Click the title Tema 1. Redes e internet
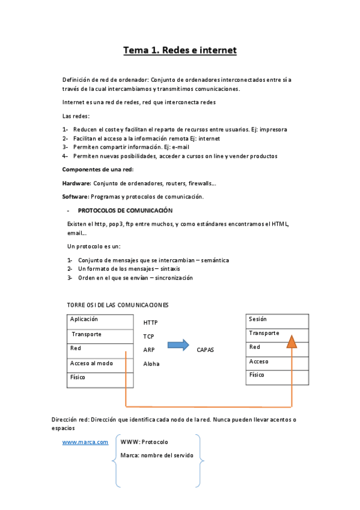click(180, 50)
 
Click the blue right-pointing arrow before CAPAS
click(177, 345)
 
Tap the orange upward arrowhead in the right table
click(291, 341)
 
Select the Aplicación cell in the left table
click(99, 321)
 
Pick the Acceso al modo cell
click(99, 363)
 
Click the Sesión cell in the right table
click(277, 320)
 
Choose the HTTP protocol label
click(150, 323)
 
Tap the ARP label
click(149, 349)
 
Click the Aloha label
click(151, 364)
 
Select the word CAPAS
click(205, 349)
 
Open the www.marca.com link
click(85, 442)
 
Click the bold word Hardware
click(76, 183)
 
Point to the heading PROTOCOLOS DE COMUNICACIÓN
click(125, 210)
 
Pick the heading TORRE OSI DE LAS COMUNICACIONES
click(118, 305)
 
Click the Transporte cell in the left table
click(99, 335)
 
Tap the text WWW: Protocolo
click(144, 442)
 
